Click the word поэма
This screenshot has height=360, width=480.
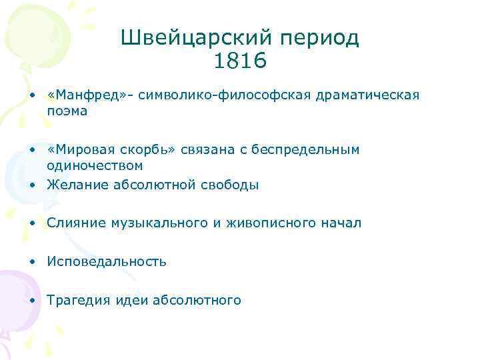coord(67,111)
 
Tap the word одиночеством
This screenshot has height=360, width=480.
coord(95,165)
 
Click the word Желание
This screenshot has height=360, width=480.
coord(75,185)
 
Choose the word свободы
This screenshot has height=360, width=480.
coord(229,185)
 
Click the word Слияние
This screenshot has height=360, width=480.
coord(73,223)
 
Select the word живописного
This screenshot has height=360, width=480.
coord(274,223)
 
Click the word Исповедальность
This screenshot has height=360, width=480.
coord(107,261)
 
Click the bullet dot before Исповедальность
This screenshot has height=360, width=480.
coord(32,262)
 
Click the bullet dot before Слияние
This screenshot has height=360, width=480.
coord(32,223)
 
